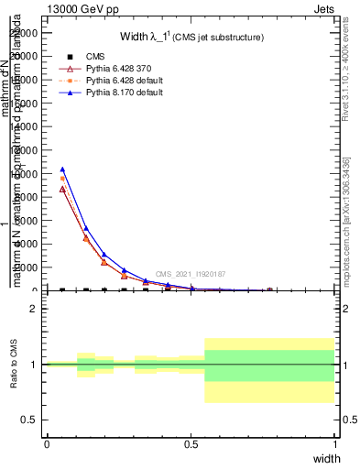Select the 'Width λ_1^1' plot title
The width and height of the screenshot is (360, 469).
coord(192,38)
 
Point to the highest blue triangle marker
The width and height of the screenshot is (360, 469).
coord(62,169)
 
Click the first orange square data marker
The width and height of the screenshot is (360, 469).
coord(62,179)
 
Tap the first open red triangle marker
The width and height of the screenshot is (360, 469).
coord(62,189)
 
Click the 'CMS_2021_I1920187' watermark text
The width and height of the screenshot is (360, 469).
coord(190,274)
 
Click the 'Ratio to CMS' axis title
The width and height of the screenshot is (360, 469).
coord(15,365)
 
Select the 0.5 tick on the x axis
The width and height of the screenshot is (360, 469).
coord(191,443)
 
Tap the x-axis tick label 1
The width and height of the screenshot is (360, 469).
coord(335,443)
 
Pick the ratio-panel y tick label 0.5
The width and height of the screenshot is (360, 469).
coord(31,420)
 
